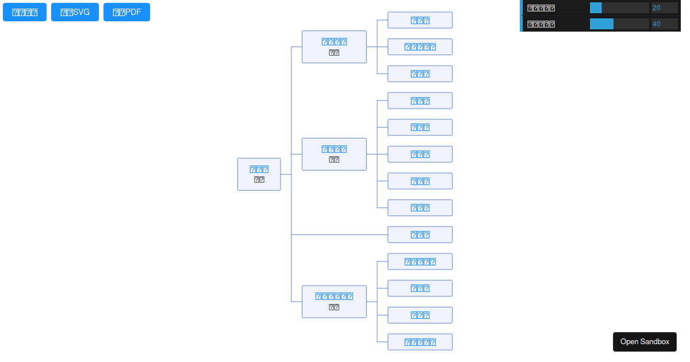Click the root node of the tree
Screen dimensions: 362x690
pos(259,174)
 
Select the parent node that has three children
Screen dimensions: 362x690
pos(334,47)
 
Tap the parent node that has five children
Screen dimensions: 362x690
pos(334,154)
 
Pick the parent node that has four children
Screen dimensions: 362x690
pos(334,302)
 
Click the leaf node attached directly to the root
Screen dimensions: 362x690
pos(420,234)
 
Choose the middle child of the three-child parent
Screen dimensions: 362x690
pos(420,47)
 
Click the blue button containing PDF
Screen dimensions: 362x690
pos(126,12)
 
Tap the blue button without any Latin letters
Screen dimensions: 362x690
pos(25,12)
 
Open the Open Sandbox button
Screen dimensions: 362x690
pos(645,341)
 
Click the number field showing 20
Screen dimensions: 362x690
pos(664,7)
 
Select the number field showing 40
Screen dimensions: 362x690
pos(664,24)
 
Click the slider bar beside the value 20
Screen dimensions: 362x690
pos(619,7)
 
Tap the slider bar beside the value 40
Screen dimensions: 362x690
pos(619,24)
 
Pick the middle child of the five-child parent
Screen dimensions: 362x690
pos(420,154)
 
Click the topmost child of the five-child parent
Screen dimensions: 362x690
pos(420,101)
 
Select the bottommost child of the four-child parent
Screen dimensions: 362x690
pos(420,342)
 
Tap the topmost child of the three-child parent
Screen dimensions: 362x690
pos(420,20)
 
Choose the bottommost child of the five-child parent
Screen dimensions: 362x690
pos(420,207)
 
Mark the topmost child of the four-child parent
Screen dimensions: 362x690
pos(420,261)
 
